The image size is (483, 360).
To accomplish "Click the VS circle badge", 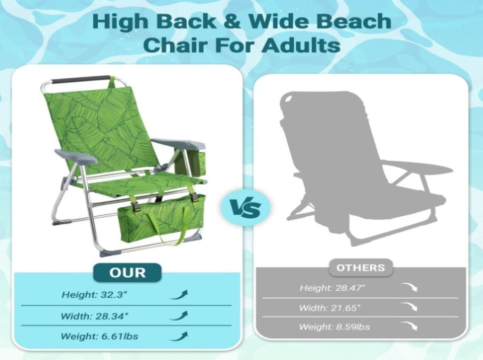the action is [245, 208].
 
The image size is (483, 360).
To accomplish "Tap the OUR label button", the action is [127, 273].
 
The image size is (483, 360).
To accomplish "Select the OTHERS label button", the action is [361, 268].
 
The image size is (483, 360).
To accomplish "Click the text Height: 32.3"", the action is [94, 295].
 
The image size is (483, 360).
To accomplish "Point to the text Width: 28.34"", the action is [94, 316].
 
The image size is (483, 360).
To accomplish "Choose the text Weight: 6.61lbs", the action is [100, 336].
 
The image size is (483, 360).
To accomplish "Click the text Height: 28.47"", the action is [333, 288].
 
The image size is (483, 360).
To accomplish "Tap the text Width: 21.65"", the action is [330, 308].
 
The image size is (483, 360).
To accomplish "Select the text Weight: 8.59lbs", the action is [334, 327].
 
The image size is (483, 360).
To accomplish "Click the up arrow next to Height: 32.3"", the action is [179, 295].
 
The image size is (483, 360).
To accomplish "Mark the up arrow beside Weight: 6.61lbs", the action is [179, 336].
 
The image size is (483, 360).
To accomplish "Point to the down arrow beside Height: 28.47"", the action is [409, 287].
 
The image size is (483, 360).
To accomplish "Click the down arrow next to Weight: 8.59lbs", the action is [409, 326].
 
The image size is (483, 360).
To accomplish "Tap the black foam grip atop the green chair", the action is [81, 80].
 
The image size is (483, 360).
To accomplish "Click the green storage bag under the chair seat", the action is [161, 220].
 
